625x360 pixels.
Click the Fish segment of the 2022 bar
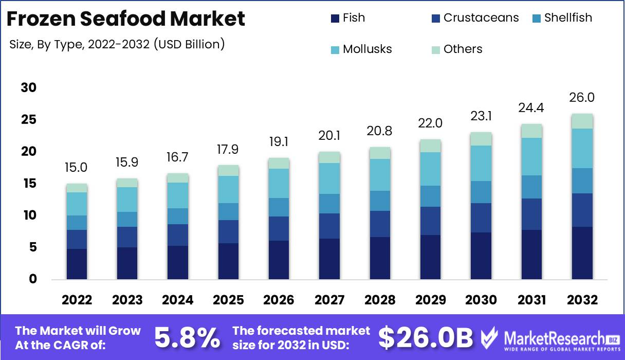77,264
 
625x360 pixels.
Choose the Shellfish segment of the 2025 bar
228,211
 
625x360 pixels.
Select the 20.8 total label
379,131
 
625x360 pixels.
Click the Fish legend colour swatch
335,19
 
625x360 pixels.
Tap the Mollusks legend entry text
367,49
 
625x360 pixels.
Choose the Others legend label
463,49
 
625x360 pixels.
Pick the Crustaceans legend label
481,18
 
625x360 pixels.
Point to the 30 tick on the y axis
29,88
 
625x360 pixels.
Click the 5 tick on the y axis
33,247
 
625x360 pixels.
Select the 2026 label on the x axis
278,300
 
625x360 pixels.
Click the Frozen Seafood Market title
126,19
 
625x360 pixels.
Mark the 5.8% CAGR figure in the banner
187,337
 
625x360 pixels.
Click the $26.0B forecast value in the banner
425,337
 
